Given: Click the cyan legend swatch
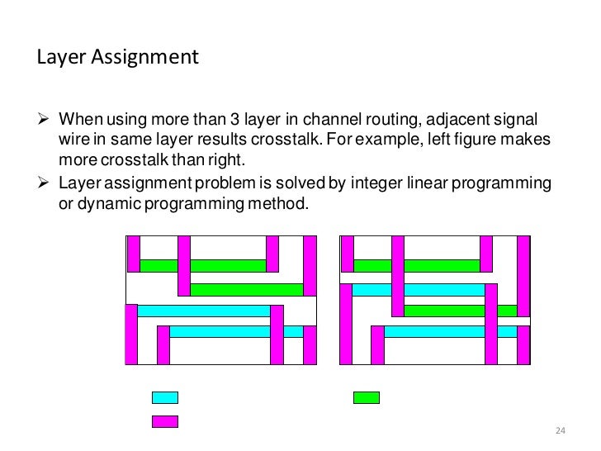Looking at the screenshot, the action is (165, 397).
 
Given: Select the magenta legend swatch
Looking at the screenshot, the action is (165, 421).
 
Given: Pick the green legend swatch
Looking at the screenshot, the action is (366, 397).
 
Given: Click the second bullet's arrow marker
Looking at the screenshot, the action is (45, 182).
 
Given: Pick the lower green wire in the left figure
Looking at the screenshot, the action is (247, 290).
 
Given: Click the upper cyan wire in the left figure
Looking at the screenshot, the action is (203, 311).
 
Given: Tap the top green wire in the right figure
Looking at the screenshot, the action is (417, 266).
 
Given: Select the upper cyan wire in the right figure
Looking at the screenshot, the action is (418, 290).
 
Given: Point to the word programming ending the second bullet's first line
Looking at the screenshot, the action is (504, 182).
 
